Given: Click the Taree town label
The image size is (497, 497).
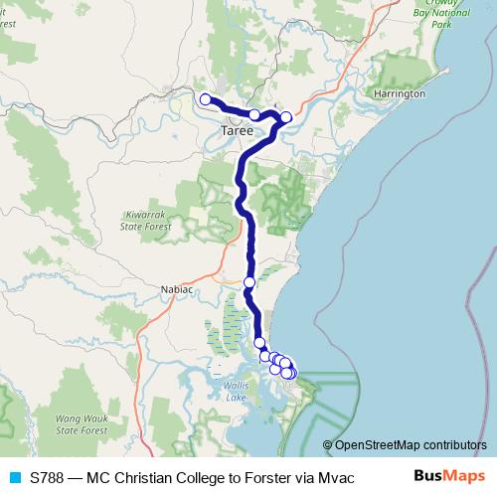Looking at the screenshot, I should pyautogui.click(x=236, y=129).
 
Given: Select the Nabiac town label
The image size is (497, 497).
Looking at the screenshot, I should pyautogui.click(x=175, y=289).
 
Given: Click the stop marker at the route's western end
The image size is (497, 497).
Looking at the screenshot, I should pyautogui.click(x=205, y=98).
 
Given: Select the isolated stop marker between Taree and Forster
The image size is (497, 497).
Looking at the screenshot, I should pyautogui.click(x=249, y=282).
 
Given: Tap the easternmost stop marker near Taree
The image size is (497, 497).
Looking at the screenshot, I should pyautogui.click(x=286, y=117).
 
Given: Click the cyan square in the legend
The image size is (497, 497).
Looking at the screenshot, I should pyautogui.click(x=14, y=477).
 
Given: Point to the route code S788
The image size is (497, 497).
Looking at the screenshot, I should pyautogui.click(x=48, y=477).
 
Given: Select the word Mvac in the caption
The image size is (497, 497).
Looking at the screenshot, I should pyautogui.click(x=335, y=477).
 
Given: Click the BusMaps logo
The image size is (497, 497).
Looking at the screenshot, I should pyautogui.click(x=449, y=476).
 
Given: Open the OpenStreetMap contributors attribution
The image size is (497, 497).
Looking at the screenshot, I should pyautogui.click(x=411, y=445).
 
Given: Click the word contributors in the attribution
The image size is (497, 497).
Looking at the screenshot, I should pyautogui.click(x=455, y=445).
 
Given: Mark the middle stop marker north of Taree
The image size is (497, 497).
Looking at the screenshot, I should pyautogui.click(x=254, y=115).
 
